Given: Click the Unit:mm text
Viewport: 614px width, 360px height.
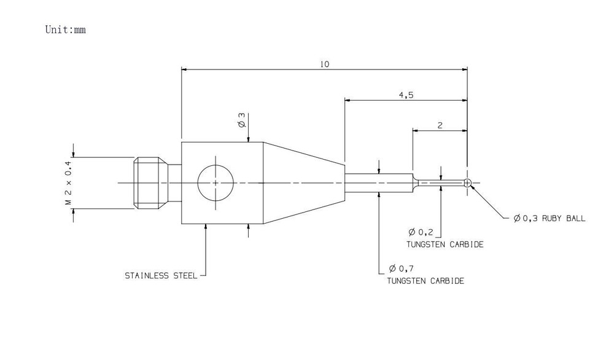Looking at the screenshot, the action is pyautogui.click(x=66, y=29).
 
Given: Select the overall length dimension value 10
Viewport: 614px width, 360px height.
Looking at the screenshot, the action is pyautogui.click(x=325, y=65).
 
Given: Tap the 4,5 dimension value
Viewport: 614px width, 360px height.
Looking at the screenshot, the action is pyautogui.click(x=406, y=95).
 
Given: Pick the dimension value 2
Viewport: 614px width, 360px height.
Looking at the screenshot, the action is pyautogui.click(x=440, y=125).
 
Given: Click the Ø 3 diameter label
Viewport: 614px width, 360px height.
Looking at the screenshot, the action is pyautogui.click(x=241, y=120).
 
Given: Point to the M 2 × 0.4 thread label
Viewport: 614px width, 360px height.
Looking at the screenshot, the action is pyautogui.click(x=68, y=183).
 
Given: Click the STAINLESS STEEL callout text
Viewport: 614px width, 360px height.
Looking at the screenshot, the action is pyautogui.click(x=161, y=276).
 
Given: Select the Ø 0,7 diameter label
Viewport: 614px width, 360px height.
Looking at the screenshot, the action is pyautogui.click(x=401, y=268).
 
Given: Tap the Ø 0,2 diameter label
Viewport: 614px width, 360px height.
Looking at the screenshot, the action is pyautogui.click(x=421, y=232).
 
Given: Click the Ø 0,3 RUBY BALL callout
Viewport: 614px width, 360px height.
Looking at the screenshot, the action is pyautogui.click(x=550, y=218).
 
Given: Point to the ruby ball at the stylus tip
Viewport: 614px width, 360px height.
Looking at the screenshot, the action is pyautogui.click(x=467, y=182).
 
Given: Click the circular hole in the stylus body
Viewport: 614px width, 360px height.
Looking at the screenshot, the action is pyautogui.click(x=216, y=182).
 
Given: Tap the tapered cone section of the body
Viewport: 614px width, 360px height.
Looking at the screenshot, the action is pyautogui.click(x=303, y=183).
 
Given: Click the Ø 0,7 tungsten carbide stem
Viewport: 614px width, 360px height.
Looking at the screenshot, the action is pyautogui.click(x=379, y=183).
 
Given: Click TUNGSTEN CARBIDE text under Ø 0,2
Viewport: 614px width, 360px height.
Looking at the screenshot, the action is pyautogui.click(x=445, y=245).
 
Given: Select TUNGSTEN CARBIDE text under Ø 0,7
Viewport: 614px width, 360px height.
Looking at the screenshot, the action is pyautogui.click(x=426, y=281).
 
